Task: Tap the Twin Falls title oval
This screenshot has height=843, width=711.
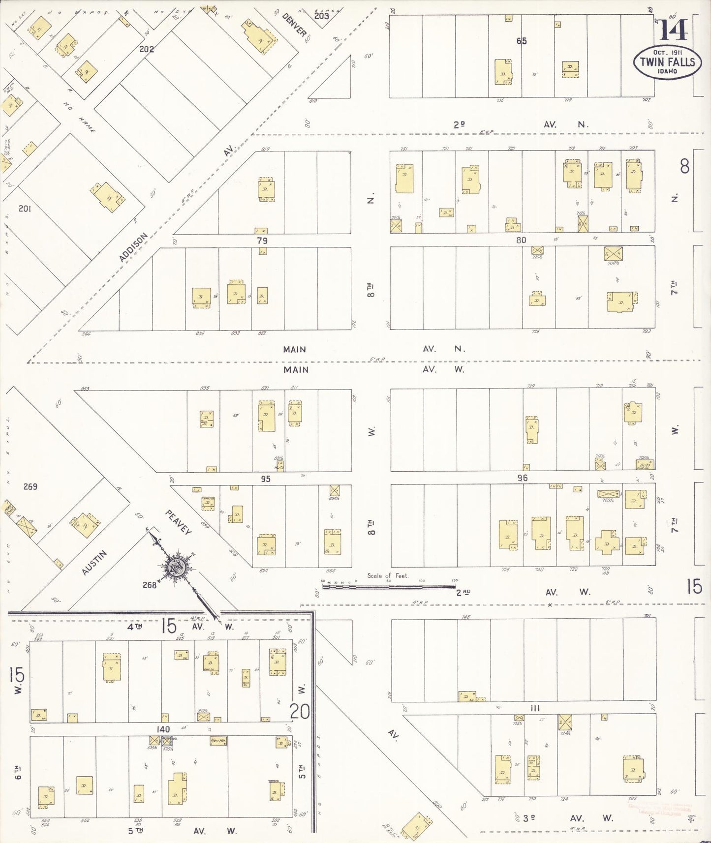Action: tap(667, 62)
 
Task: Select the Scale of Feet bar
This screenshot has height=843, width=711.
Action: tap(389, 586)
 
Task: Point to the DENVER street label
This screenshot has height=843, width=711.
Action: tap(294, 25)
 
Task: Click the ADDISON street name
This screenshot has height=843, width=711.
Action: tap(133, 247)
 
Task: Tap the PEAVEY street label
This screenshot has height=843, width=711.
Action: tap(178, 522)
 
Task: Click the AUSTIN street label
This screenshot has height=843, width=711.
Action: tap(94, 563)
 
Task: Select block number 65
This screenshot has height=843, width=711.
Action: tap(521, 41)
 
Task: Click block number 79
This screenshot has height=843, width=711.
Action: tap(262, 241)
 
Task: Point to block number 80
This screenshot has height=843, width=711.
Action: tap(521, 240)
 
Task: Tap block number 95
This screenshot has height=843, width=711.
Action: tap(265, 479)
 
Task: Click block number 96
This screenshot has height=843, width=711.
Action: tap(522, 478)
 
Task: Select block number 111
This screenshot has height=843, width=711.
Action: tap(535, 708)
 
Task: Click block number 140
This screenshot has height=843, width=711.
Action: tap(163, 729)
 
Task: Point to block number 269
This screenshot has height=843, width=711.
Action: tap(31, 486)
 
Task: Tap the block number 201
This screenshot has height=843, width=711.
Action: tap(25, 209)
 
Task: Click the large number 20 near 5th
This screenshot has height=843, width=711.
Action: tap(300, 711)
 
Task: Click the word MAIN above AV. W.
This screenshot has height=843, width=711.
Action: tap(295, 369)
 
